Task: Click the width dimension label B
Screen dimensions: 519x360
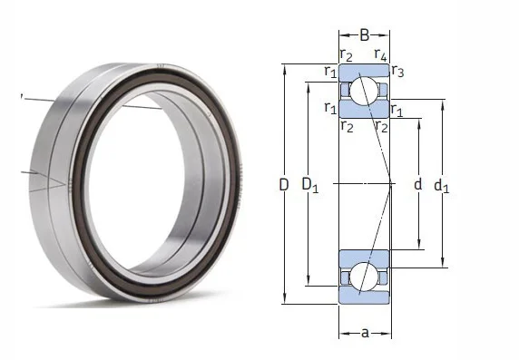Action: coord(364,34)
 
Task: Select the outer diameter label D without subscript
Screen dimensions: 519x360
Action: coord(284,184)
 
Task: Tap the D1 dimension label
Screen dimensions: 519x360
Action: coord(309,185)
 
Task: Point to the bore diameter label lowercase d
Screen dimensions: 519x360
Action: coord(418,184)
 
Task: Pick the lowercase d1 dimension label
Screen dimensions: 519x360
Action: coord(442,186)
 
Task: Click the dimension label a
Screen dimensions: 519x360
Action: coord(365,333)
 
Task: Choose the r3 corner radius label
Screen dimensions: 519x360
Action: coord(397,71)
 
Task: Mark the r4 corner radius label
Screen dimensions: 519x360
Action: coord(380,54)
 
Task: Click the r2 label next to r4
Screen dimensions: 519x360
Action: coord(347,54)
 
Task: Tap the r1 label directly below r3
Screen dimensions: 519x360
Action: coord(397,110)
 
